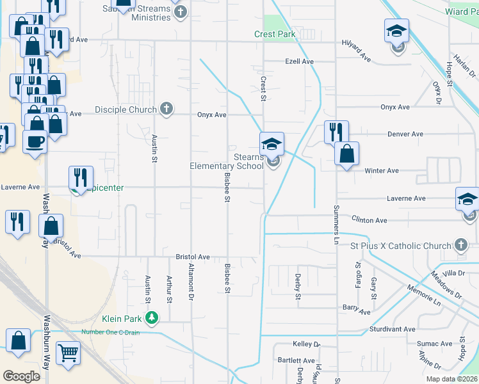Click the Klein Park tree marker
point(152,317)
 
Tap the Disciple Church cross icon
point(166,109)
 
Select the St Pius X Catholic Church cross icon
point(460,244)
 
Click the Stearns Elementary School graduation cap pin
point(272,144)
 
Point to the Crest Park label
point(275,34)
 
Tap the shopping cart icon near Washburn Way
point(68,353)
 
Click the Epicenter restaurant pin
point(80,178)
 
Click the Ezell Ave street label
point(299,61)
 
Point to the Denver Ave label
point(405,134)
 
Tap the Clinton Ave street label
point(369,220)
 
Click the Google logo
point(21,376)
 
